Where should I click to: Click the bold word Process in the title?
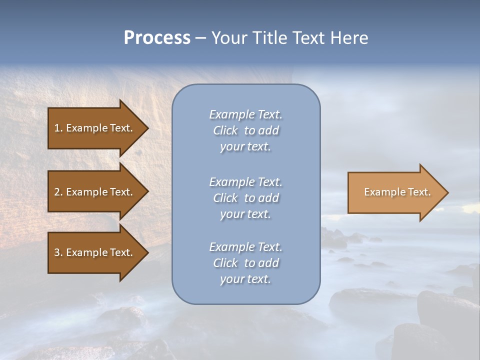157,38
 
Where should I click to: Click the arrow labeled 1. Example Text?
95,128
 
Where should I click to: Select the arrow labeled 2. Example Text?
95,192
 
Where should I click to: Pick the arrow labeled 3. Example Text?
95,252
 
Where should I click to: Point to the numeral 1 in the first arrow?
56,128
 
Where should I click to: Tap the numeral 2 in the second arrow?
56,192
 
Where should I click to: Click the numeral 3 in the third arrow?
56,252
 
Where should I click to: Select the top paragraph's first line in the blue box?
245,114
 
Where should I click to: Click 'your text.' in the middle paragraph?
245,214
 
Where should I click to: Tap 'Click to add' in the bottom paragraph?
245,263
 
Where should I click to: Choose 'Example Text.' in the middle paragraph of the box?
245,182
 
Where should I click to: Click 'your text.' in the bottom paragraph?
245,279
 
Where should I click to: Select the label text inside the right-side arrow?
397,192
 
